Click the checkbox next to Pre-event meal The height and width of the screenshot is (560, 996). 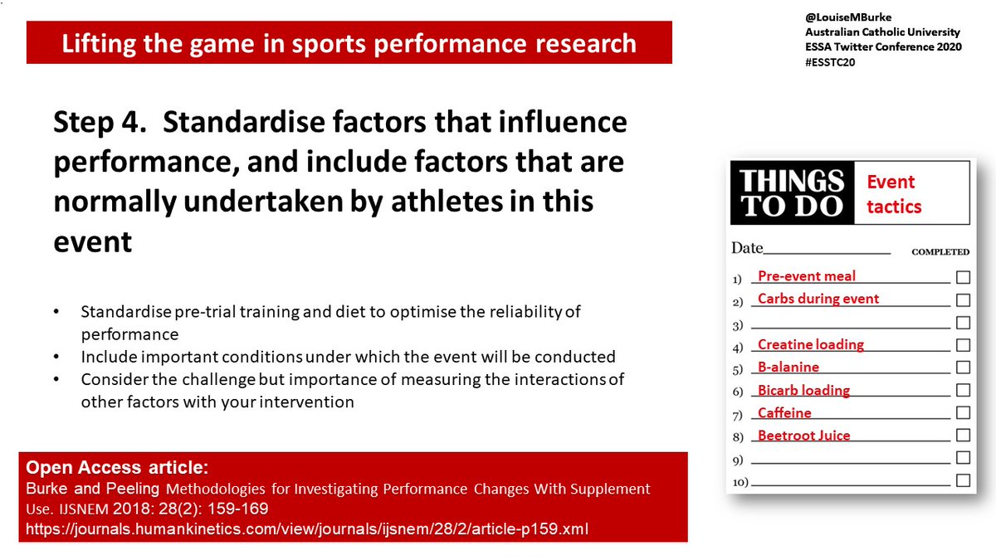point(963,277)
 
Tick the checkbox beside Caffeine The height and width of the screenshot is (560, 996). point(963,412)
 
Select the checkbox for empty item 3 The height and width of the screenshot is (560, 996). point(963,322)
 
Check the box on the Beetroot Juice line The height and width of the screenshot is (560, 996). point(963,435)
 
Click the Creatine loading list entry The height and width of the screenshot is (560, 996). point(810,344)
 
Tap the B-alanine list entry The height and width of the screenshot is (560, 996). point(788,367)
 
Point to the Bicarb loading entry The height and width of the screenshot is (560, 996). point(803,390)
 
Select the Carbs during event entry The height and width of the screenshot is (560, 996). point(818,299)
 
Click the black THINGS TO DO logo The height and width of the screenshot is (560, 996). point(792,193)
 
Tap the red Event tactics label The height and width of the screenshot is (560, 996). point(894,194)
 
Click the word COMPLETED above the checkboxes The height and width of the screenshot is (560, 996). point(940,252)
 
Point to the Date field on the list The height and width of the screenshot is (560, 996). point(809,248)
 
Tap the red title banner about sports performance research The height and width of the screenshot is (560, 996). point(349,43)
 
